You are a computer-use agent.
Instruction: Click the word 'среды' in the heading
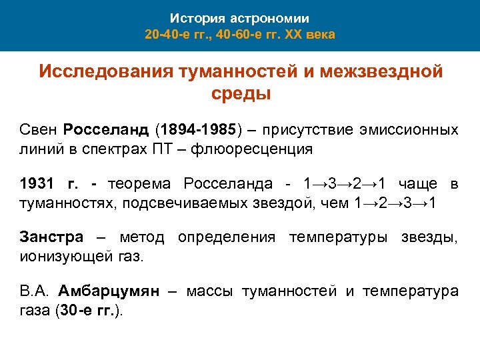pyautogui.click(x=241, y=93)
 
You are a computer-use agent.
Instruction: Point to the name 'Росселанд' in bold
pyautogui.click(x=107, y=129)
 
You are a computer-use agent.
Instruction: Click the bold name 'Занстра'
pyautogui.click(x=51, y=237)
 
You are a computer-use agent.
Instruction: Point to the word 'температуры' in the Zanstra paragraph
pyautogui.click(x=341, y=237)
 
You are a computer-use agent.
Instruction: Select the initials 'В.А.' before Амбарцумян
pyautogui.click(x=34, y=291)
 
